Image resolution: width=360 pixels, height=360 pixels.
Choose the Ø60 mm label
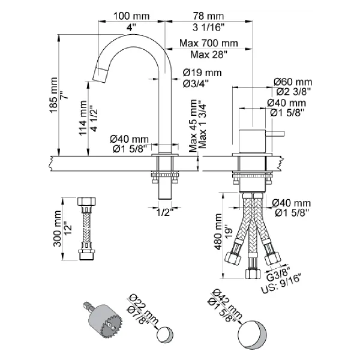point(293,82)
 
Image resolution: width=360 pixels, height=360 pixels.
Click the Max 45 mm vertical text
point(193,128)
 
